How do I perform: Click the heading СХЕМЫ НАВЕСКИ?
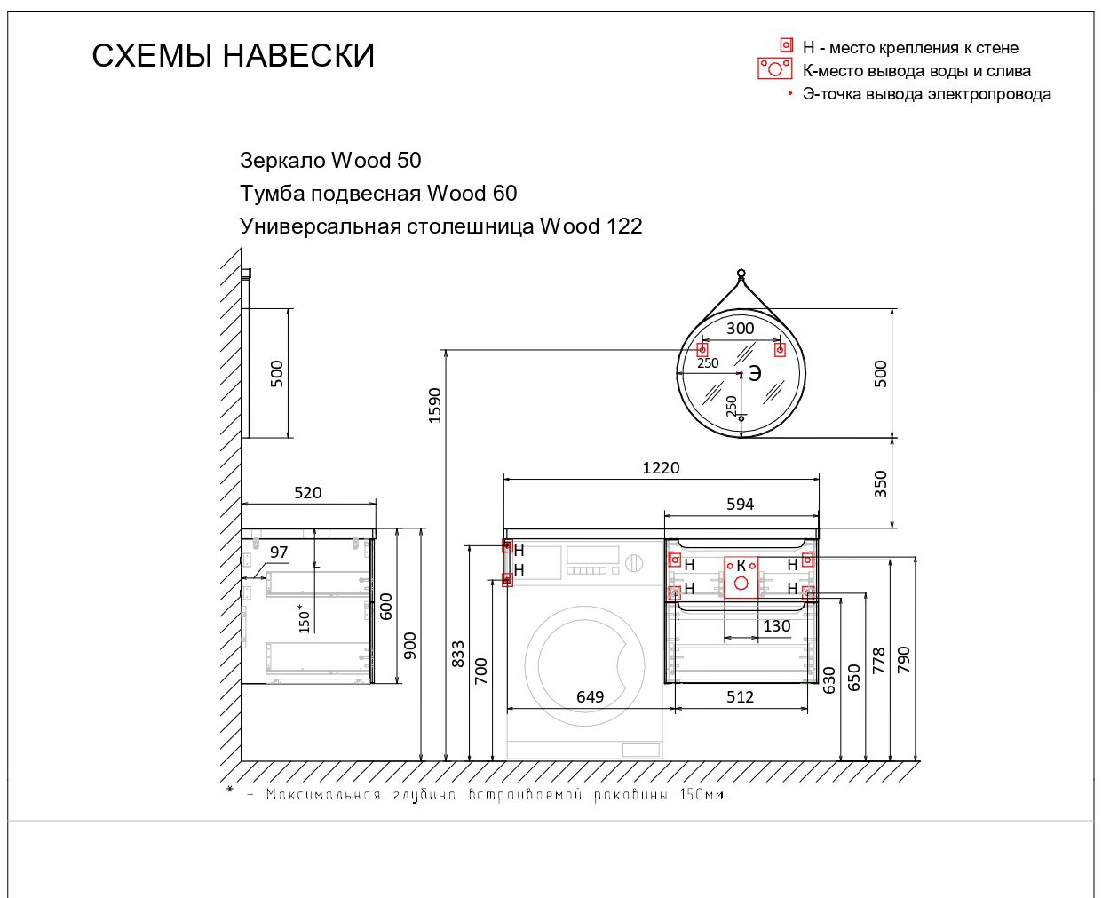[233, 56]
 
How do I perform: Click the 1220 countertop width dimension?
[661, 467]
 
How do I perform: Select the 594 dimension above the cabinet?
[740, 504]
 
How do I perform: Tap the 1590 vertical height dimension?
[434, 405]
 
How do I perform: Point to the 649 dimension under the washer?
[590, 696]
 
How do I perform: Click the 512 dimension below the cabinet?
[740, 696]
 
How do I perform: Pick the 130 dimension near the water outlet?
[776, 625]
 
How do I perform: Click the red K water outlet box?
[741, 576]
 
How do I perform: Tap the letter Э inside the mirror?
[755, 373]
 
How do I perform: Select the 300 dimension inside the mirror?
[740, 328]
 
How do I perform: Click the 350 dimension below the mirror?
[880, 483]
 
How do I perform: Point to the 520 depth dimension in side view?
[307, 492]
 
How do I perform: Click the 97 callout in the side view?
[279, 552]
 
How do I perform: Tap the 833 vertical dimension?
[458, 654]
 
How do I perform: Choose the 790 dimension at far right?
[904, 659]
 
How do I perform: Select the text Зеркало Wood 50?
[330, 161]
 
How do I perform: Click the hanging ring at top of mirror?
[741, 273]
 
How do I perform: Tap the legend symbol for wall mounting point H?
[786, 45]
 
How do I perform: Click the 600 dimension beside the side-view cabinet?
[386, 607]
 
